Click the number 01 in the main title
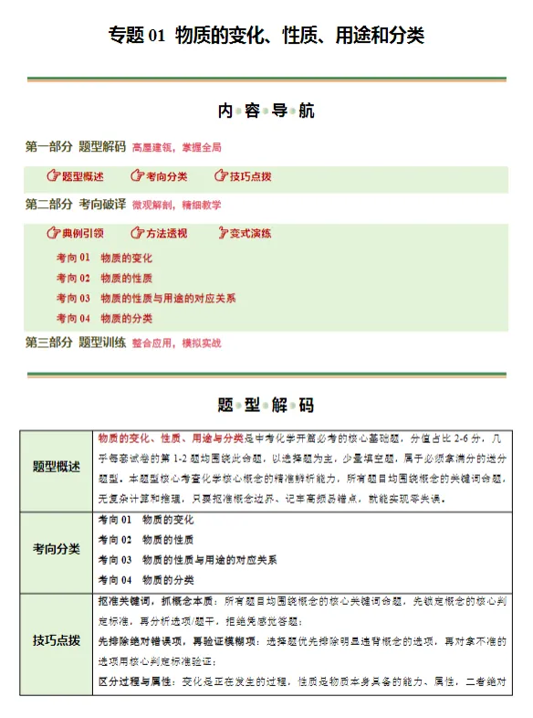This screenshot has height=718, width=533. (156, 36)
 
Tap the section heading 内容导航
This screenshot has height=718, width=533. (266, 111)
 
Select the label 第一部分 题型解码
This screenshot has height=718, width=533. (76, 146)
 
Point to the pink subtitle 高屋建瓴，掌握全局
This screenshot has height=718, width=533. (176, 147)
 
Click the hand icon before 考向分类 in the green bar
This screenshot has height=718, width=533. (137, 176)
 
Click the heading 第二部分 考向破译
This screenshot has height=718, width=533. (76, 204)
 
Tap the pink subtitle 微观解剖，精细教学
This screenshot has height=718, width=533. (176, 205)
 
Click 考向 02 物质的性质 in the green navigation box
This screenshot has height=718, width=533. (104, 278)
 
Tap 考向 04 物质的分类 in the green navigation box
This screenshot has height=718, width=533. (104, 318)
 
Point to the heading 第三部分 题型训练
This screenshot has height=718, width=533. (76, 343)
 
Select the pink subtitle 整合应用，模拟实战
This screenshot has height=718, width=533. (176, 343)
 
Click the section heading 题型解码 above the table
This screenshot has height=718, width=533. (266, 405)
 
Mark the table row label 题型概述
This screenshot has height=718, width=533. (57, 467)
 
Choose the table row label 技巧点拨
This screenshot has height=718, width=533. (57, 639)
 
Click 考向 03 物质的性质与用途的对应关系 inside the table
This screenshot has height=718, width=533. (187, 559)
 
